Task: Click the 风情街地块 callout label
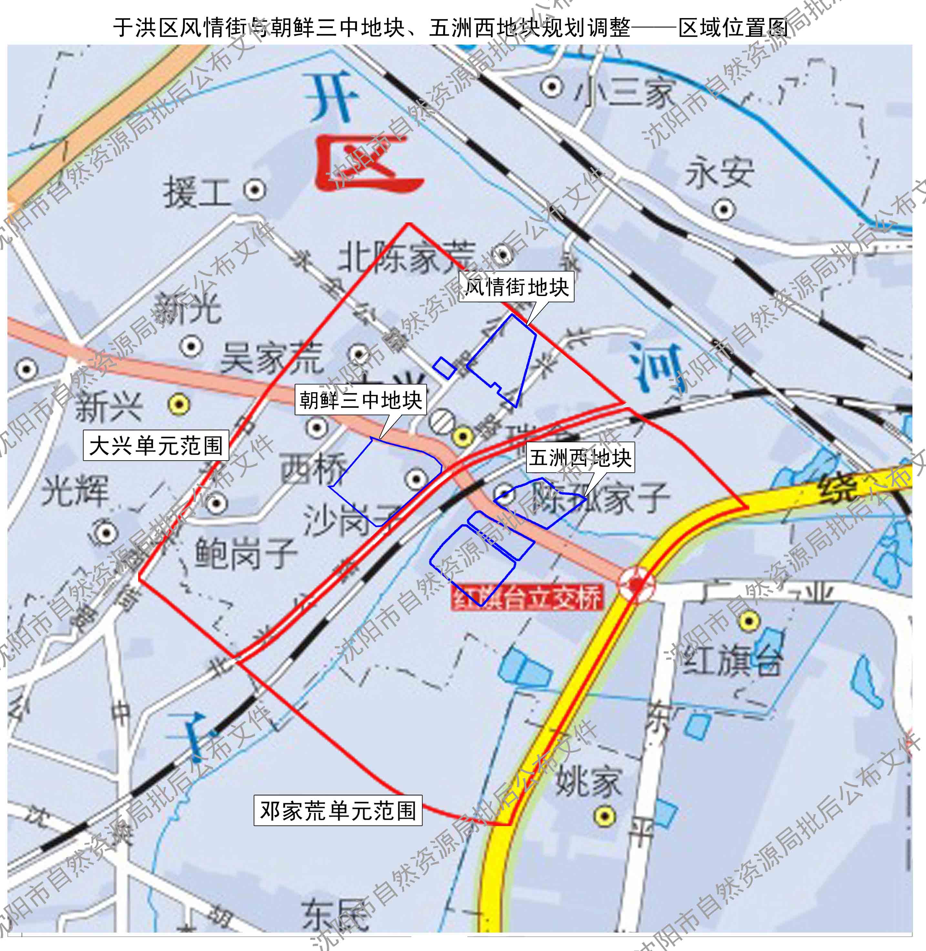click(x=516, y=287)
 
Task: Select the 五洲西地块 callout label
click(x=580, y=457)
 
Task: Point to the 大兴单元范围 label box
click(x=156, y=445)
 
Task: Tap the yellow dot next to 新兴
click(x=178, y=404)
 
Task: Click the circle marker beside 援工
click(x=254, y=190)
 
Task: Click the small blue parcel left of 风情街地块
click(x=444, y=368)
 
